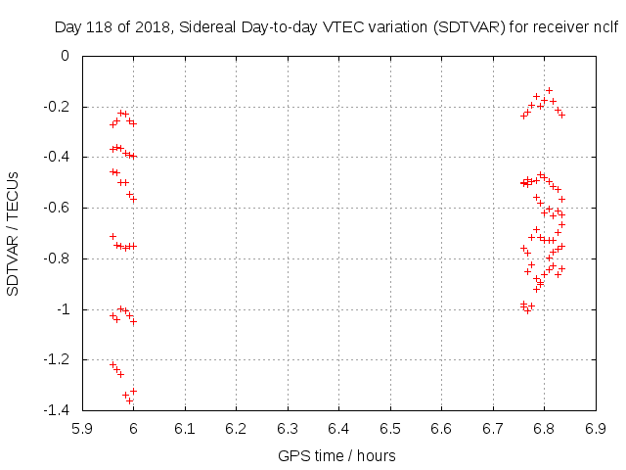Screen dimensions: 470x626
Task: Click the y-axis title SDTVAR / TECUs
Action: [x=13, y=233]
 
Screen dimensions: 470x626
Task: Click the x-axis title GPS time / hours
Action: [x=338, y=455]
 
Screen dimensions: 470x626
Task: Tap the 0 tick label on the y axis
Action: [x=66, y=56]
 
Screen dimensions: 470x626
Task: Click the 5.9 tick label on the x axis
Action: [x=82, y=428]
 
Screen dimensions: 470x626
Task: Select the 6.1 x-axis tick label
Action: [x=185, y=428]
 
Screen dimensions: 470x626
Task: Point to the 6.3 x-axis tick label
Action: [x=288, y=428]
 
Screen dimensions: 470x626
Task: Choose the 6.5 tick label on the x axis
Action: [x=390, y=428]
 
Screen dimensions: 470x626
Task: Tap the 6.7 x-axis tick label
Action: [x=493, y=428]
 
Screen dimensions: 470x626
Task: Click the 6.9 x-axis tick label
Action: [x=596, y=428]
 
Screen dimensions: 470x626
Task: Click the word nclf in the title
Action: [x=605, y=28]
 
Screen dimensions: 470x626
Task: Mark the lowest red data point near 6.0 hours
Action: [x=129, y=399]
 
